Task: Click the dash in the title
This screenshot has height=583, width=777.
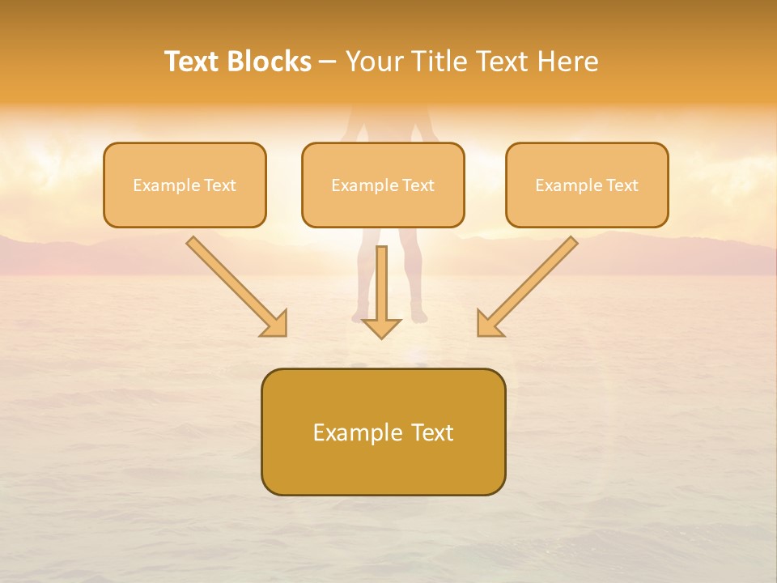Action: click(328, 62)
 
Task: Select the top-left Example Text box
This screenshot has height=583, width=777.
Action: click(185, 185)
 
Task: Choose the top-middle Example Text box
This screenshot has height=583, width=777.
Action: click(383, 185)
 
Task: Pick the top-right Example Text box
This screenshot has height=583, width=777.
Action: click(587, 185)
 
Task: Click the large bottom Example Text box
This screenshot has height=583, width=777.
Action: click(383, 432)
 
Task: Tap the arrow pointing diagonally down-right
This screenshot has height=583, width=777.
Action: click(235, 285)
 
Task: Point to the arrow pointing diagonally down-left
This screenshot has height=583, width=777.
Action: click(529, 285)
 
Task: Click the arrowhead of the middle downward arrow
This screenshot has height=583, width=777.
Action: click(381, 327)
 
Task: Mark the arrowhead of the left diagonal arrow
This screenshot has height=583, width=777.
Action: click(275, 324)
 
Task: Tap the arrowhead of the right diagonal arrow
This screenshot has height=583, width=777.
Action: click(489, 324)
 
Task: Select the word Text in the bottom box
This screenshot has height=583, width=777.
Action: click(431, 432)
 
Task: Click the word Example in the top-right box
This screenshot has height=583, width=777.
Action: click(569, 185)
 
